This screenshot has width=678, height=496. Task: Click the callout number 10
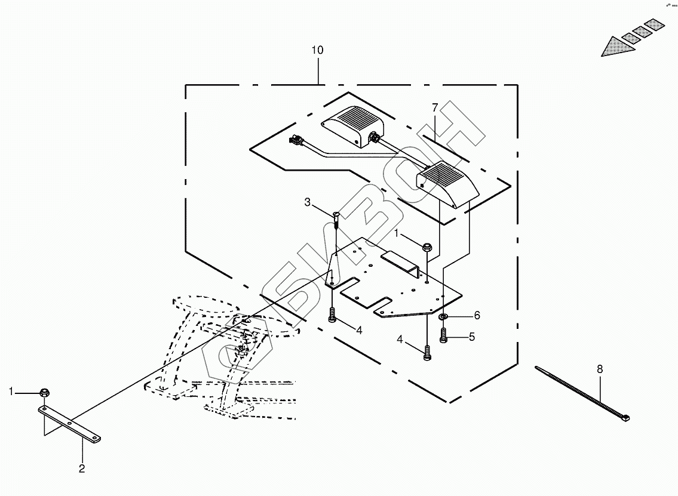click(317, 50)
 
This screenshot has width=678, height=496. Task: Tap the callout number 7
click(435, 107)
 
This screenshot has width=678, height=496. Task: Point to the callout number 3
click(308, 203)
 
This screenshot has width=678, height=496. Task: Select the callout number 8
click(600, 369)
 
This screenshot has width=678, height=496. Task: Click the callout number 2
click(82, 469)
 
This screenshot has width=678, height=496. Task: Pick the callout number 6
click(477, 315)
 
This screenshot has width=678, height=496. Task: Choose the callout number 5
click(471, 337)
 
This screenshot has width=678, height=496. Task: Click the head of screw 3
click(336, 214)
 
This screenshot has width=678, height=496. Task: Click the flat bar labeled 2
click(70, 424)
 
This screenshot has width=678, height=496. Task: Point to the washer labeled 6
click(444, 316)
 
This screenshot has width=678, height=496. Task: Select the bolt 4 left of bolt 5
click(427, 352)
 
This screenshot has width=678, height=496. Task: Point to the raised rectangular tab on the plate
click(400, 260)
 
